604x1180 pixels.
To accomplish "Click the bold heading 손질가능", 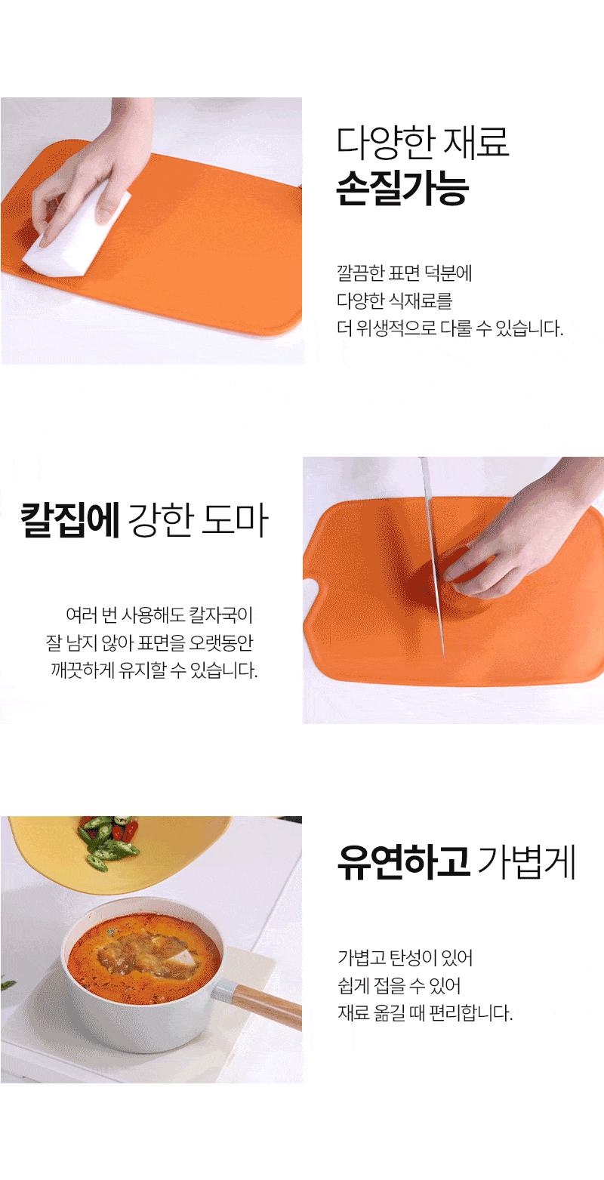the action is [402, 188].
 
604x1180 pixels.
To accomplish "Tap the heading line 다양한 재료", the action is [423, 143].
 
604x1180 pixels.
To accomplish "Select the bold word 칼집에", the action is [70, 520].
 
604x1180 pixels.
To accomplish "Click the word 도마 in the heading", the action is [236, 520].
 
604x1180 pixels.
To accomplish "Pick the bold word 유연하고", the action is [403, 862].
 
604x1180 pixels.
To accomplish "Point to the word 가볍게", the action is [527, 862].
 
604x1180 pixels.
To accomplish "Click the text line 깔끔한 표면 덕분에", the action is [405, 273].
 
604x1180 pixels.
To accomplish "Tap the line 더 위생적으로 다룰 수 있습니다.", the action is [450, 328].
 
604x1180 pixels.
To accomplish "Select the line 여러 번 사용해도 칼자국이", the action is [159, 615].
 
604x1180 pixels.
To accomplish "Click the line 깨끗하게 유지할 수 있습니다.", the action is [154, 670].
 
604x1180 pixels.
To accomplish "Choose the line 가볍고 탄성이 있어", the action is [405, 957].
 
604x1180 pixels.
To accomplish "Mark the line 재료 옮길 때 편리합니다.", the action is [425, 1012].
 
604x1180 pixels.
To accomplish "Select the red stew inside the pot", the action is [144, 953].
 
